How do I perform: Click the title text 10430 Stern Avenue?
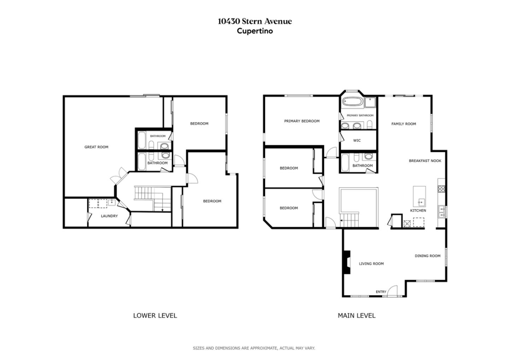point(255,21)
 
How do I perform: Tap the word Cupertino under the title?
point(255,31)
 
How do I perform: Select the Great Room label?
point(96,147)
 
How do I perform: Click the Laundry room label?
point(109,216)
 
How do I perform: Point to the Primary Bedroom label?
point(302,121)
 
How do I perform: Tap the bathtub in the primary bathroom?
point(352,103)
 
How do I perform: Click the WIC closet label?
point(357,140)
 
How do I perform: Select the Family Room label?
point(403,124)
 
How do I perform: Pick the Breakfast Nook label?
point(425,161)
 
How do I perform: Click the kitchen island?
point(419,196)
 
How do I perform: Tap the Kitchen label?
point(418,210)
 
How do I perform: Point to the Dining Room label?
point(427,256)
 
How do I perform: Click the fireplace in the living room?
point(346,262)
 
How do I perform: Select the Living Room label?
point(371,263)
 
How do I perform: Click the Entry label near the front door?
point(381,292)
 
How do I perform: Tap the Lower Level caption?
point(155,315)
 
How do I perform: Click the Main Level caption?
point(356,315)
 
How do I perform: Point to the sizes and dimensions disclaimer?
point(254,348)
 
